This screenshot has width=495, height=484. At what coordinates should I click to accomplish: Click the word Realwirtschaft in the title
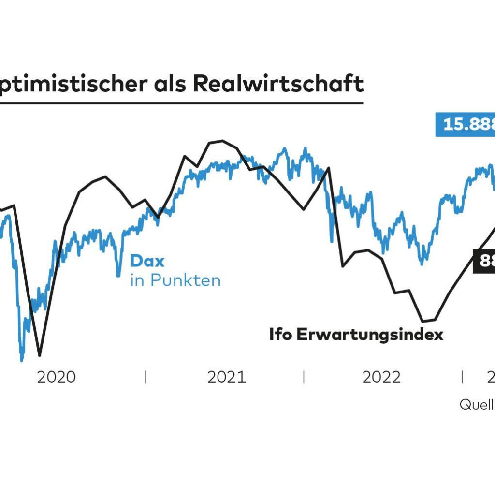pos(278,83)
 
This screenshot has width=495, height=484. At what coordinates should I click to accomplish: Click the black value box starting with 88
pos(484,261)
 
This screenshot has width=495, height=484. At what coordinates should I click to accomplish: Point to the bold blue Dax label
pos(147,262)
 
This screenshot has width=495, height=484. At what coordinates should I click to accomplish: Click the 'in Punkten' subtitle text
pos(175,280)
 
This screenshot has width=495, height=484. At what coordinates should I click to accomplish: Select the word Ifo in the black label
pos(281,335)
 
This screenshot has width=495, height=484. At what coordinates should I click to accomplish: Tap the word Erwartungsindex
pos(370,335)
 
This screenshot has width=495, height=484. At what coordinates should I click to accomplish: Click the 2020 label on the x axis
pos(57,377)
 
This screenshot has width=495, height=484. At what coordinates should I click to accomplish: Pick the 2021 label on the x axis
pos(227,377)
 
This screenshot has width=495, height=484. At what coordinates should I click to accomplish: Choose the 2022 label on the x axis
pos(382,377)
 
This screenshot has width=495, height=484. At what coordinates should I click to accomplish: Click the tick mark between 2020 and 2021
pos(145,377)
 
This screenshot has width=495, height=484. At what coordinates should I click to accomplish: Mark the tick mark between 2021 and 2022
pos(304,377)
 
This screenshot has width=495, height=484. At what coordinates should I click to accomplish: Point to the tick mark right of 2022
pos(462,377)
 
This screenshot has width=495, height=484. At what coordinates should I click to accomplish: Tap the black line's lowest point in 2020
pos(40,355)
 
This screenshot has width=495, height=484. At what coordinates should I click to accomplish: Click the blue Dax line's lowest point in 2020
pos(22,360)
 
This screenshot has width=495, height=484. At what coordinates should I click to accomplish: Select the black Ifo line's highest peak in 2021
pos(222,141)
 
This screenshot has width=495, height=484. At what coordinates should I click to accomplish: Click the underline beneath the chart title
pos(181,103)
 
